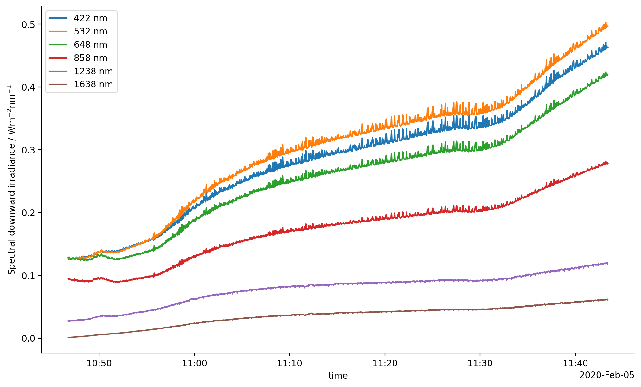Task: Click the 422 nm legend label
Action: (90, 18)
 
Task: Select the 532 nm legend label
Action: (90, 32)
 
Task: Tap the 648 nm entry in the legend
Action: (90, 45)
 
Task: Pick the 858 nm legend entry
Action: (90, 58)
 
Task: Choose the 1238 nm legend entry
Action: (93, 72)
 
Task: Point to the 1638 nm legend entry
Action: (93, 84)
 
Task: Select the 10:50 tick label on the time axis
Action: (99, 364)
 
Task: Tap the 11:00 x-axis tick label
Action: (194, 364)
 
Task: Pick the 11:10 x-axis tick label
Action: (290, 364)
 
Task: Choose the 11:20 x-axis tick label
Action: (385, 364)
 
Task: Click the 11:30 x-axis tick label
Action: (480, 364)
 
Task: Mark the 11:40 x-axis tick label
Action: (575, 364)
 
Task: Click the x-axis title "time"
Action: (338, 376)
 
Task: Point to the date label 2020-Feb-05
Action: (606, 375)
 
